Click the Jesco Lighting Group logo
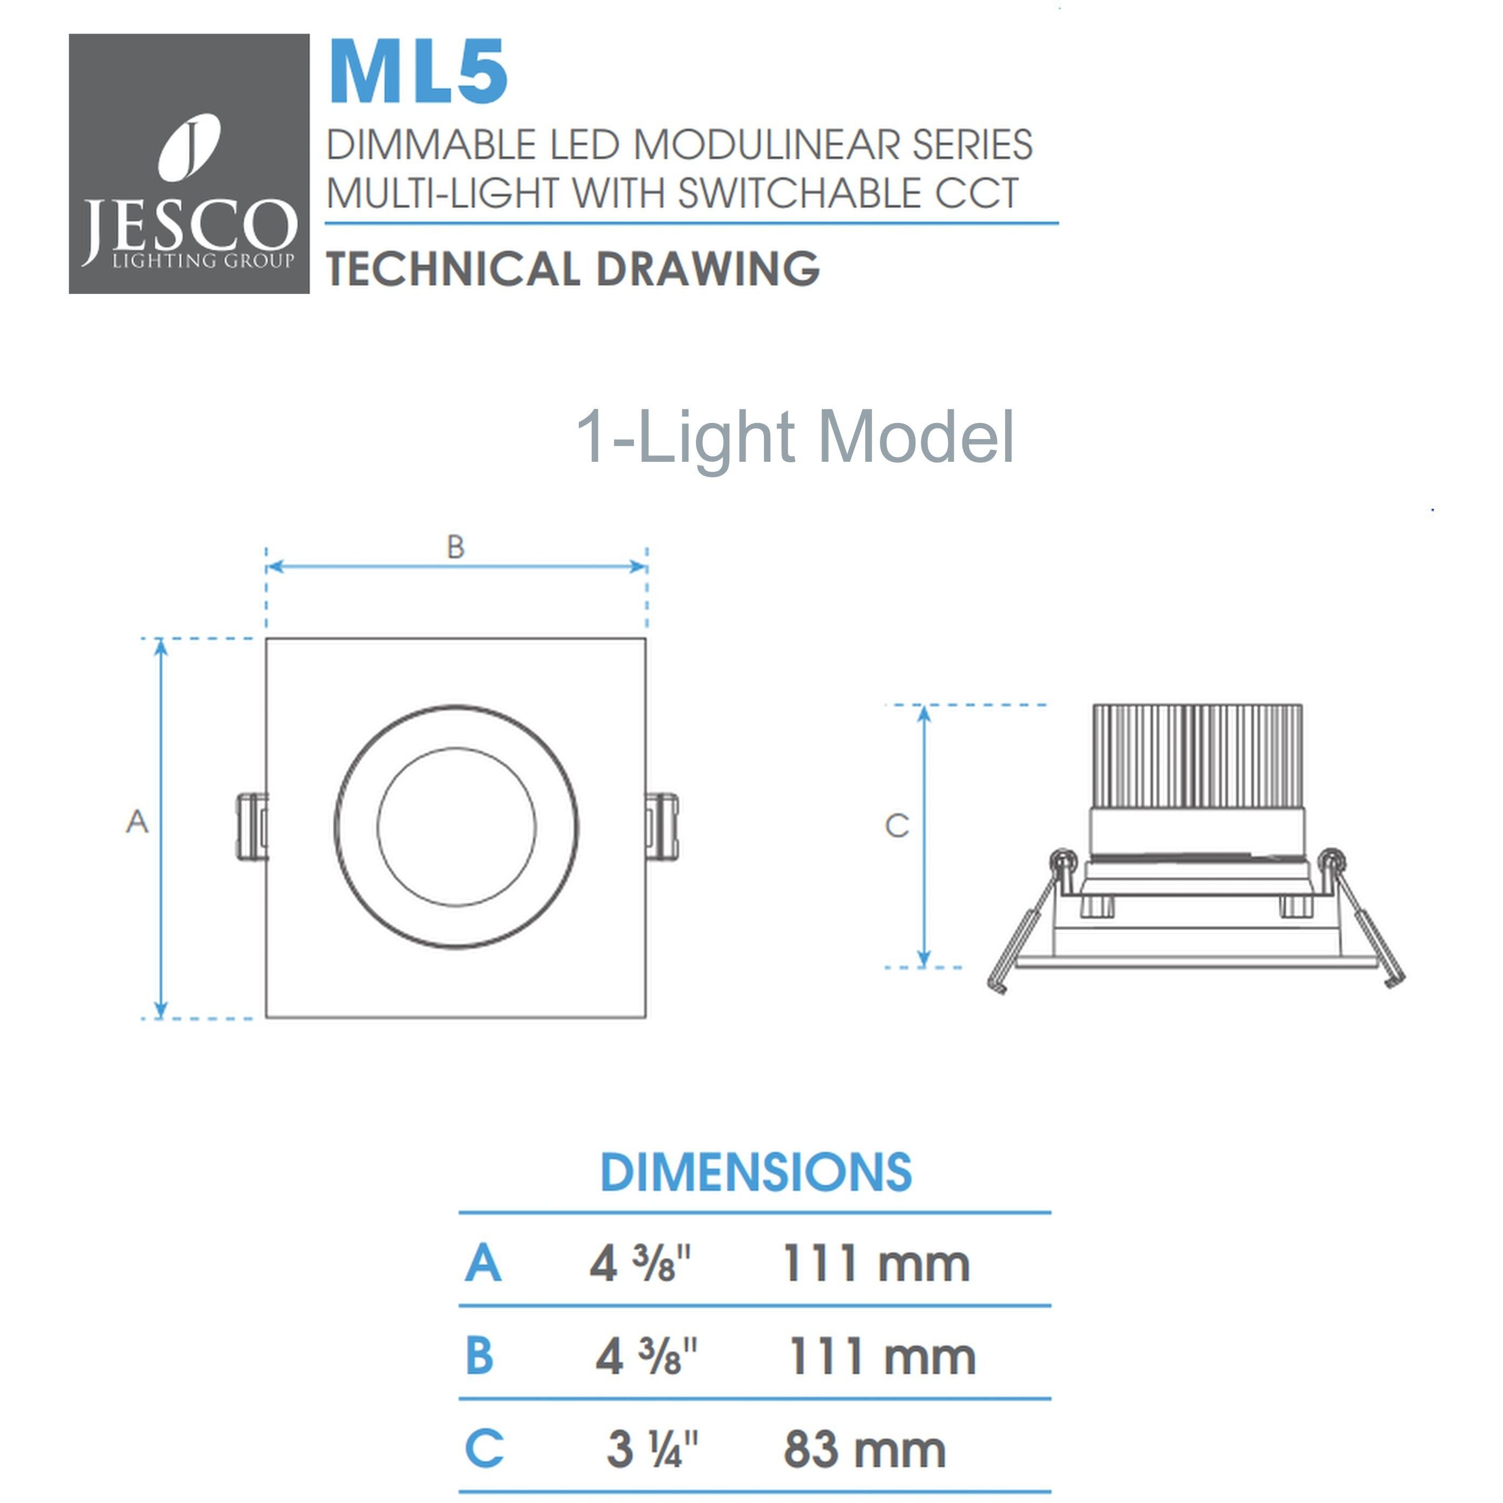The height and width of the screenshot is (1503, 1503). point(189,163)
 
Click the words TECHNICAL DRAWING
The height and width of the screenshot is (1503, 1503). point(572,269)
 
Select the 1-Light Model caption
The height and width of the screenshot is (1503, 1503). point(794,437)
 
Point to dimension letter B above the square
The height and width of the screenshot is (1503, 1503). point(456,547)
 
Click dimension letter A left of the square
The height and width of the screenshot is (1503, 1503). point(137,822)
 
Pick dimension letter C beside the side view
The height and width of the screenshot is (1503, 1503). point(897,825)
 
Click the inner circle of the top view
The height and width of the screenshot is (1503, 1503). point(456,827)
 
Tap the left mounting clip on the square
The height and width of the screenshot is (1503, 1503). point(251,827)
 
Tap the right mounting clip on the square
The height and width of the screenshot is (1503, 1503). point(662,827)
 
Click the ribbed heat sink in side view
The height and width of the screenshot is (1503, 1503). point(1197,755)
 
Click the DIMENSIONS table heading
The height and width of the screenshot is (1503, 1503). point(755,1172)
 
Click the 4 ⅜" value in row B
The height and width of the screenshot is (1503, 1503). point(646,1357)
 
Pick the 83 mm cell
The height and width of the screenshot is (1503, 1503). point(864,1450)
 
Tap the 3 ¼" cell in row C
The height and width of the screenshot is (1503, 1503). point(652,1450)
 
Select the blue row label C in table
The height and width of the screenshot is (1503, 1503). point(484,1449)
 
